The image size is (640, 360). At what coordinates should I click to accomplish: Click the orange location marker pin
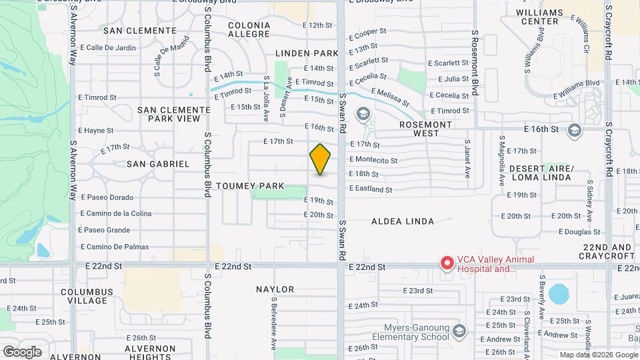320,159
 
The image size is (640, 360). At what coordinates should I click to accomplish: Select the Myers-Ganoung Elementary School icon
459,331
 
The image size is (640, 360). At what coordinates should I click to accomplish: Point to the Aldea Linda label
402,221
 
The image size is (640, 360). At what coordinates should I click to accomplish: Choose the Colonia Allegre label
249,29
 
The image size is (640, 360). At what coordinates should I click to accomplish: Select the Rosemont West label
425,129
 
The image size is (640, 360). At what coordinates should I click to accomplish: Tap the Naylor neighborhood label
275,289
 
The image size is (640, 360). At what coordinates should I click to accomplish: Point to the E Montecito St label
373,161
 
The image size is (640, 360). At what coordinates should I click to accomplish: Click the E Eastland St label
371,190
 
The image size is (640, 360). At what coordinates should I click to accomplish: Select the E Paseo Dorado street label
107,197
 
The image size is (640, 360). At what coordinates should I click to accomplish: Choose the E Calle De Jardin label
107,48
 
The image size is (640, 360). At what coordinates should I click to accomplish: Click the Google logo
22,352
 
